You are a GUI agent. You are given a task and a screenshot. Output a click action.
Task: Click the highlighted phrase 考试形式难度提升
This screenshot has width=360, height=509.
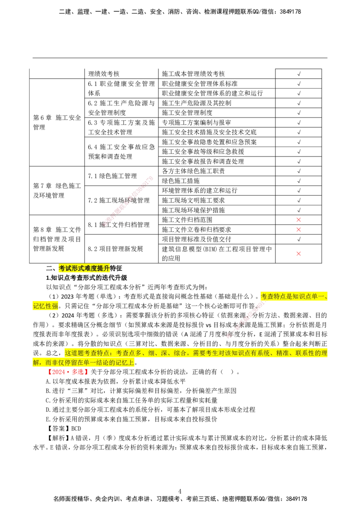tap(84, 268)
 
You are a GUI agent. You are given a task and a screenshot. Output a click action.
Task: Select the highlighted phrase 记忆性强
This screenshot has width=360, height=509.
tap(45, 306)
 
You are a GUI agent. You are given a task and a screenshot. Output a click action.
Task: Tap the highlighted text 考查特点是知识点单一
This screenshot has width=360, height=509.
tap(292, 297)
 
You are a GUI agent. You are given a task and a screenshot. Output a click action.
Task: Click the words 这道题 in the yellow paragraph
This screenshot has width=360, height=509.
tap(74, 353)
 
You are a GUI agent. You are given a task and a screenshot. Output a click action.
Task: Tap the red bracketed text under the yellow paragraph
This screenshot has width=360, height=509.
tap(68, 372)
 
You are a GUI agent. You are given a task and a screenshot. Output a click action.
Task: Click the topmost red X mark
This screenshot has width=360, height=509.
tap(299, 219)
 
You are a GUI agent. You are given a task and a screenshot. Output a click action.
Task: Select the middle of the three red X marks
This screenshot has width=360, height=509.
tap(299, 230)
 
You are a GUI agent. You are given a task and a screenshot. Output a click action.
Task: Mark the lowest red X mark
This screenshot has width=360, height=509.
tap(299, 254)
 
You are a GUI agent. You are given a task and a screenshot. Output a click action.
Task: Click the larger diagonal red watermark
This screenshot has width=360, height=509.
tap(129, 200)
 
